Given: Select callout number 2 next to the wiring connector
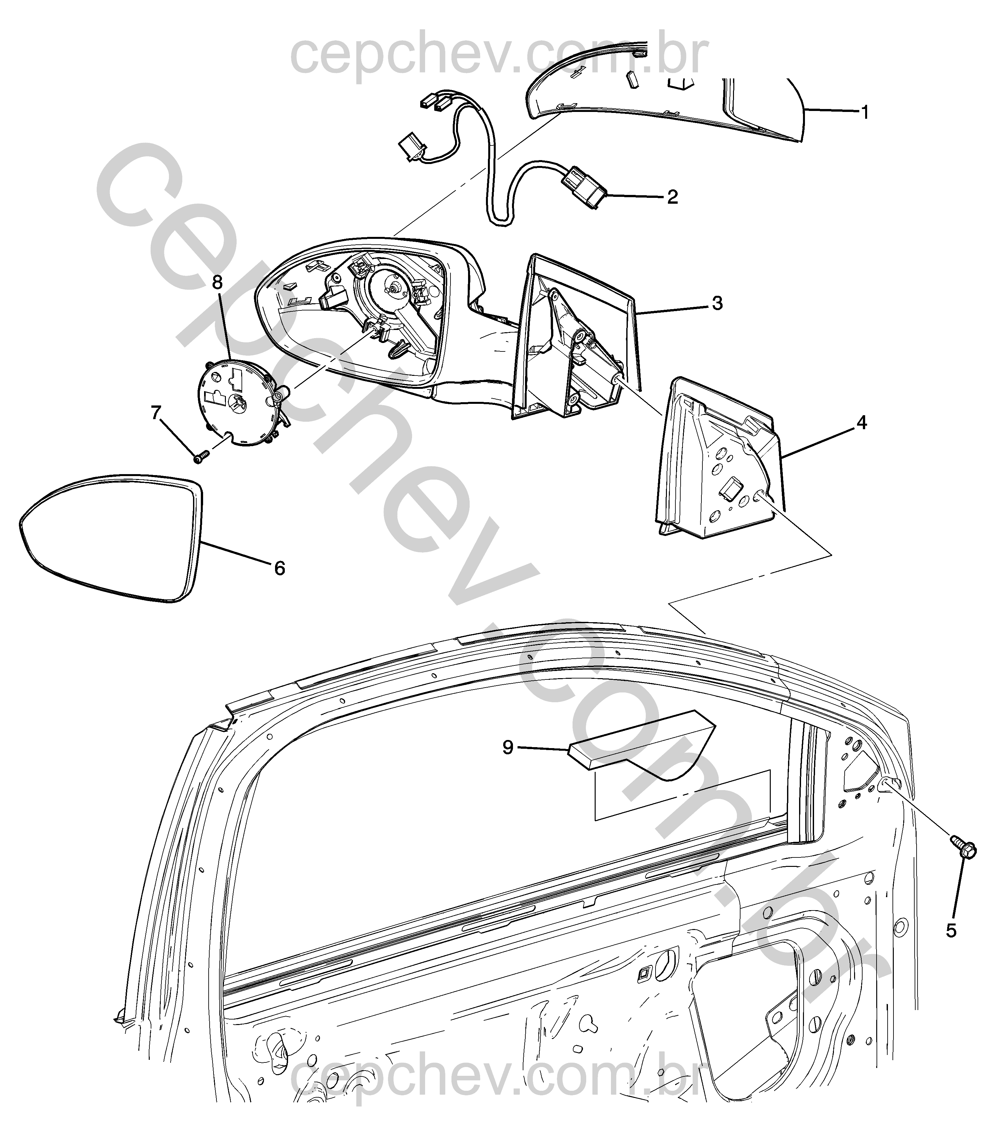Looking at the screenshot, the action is [672, 197].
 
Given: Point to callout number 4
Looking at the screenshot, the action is [862, 423].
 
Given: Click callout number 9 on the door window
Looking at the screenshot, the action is [507, 747].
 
